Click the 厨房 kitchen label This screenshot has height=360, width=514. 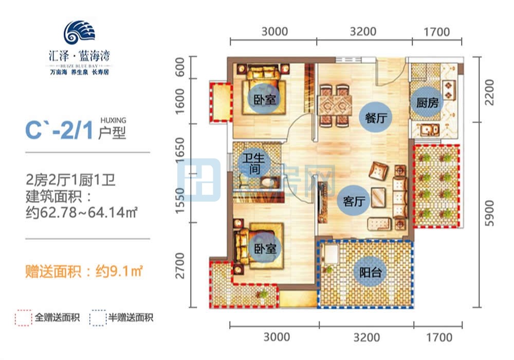[x=428, y=102]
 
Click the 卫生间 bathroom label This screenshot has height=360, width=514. [x=250, y=163]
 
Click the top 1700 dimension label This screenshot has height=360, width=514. [x=437, y=32]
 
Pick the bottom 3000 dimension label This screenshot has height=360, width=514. [x=277, y=337]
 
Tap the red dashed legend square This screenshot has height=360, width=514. [x=22, y=318]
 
